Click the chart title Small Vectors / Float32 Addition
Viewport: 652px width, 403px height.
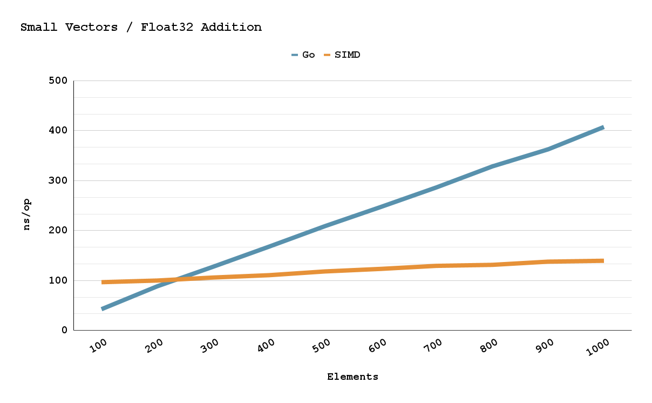point(141,27)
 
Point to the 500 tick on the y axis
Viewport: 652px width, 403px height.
point(57,81)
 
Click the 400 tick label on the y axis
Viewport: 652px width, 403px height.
point(57,131)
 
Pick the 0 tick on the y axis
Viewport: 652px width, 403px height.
point(64,330)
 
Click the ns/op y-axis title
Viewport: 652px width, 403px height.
point(27,214)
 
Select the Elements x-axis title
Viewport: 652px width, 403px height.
point(352,377)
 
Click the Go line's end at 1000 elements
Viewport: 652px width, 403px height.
point(603,127)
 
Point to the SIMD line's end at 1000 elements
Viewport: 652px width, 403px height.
point(603,261)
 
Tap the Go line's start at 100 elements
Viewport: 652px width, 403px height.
point(103,308)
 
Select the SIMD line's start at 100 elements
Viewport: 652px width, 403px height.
point(103,282)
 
